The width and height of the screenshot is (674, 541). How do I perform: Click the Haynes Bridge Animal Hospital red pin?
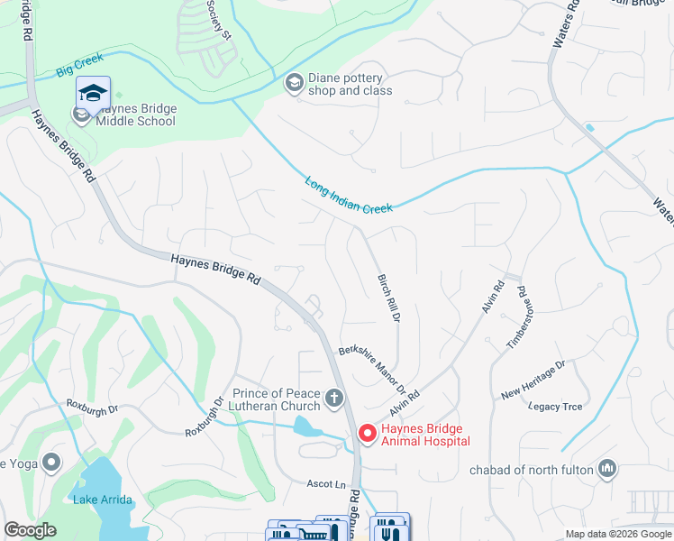[x=368, y=434]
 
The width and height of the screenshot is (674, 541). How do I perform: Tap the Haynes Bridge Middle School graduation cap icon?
[x=93, y=92]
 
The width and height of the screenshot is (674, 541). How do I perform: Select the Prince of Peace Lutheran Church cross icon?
[x=333, y=398]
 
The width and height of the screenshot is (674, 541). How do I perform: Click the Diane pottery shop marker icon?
[x=294, y=83]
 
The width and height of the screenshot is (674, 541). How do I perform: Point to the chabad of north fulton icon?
[x=607, y=468]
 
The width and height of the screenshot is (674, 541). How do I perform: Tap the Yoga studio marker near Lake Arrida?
[x=51, y=463]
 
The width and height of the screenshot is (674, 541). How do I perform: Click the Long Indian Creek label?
[x=349, y=194]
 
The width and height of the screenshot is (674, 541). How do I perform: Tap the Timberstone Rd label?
[x=515, y=317]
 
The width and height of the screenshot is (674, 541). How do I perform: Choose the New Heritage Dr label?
[x=533, y=380]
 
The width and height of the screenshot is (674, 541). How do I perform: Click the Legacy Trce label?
[x=556, y=407]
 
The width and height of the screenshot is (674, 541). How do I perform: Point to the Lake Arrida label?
[x=103, y=500]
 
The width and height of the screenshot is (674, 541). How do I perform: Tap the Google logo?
[x=31, y=530]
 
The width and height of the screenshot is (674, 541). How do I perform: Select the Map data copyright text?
[x=617, y=534]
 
